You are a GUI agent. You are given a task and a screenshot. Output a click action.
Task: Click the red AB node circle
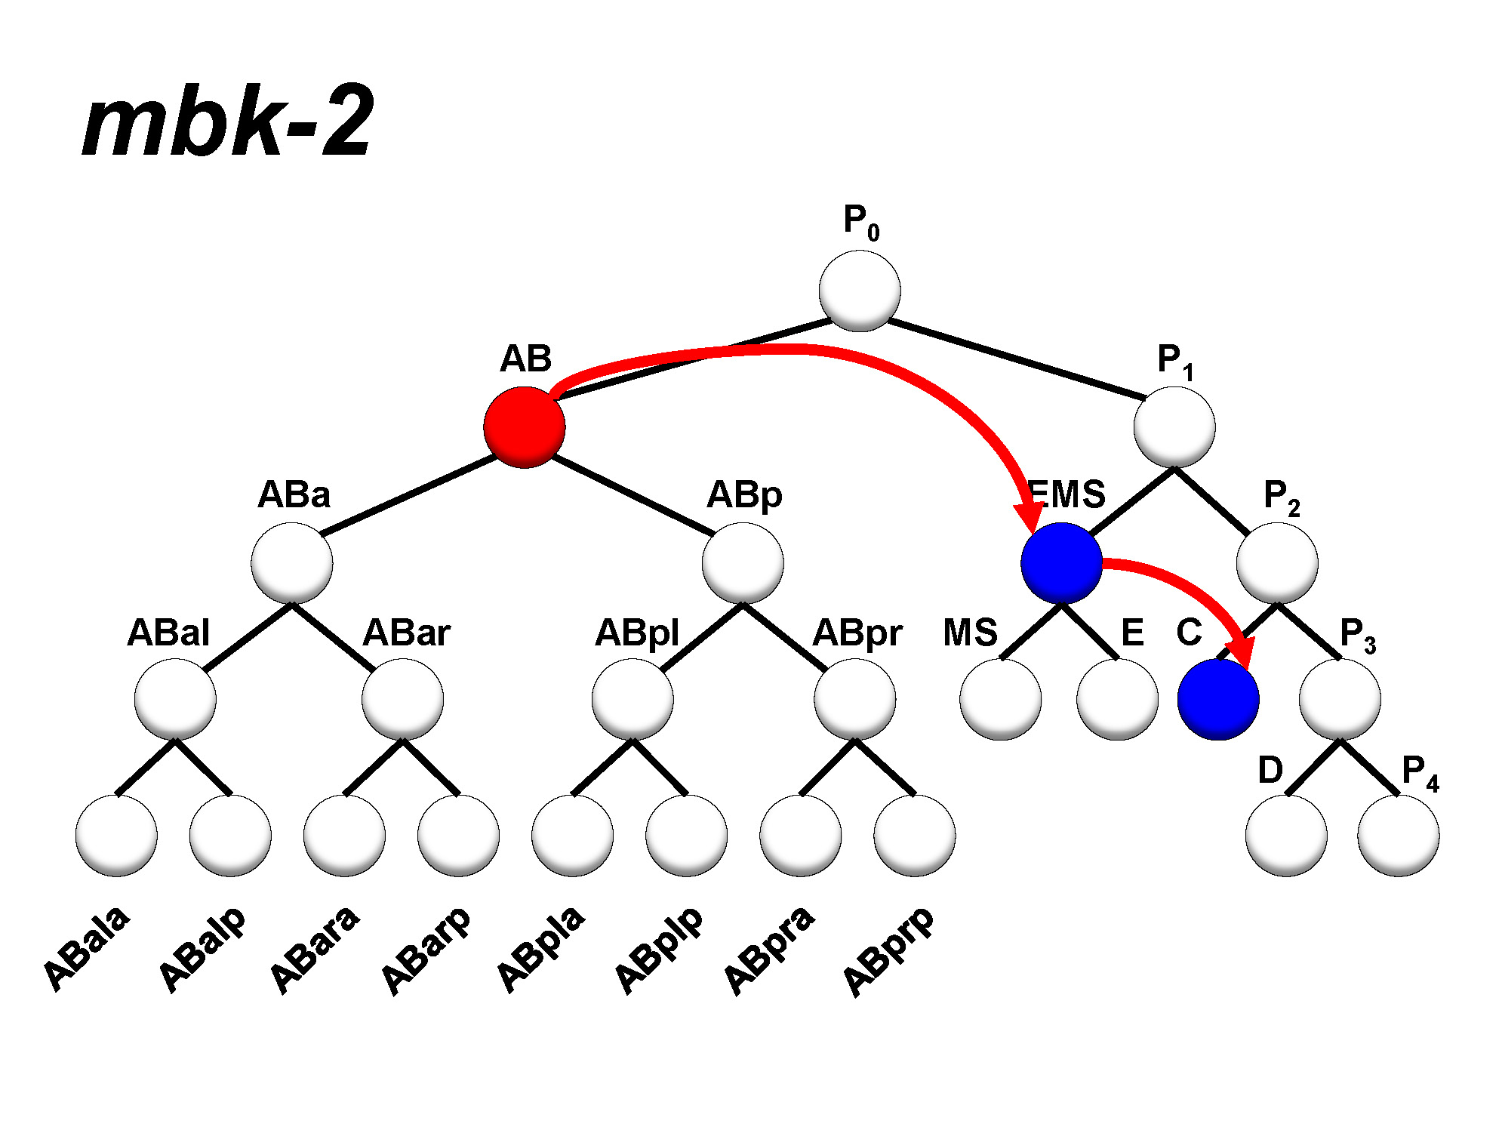tap(524, 427)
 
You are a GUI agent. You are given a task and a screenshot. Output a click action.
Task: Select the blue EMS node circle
tap(1061, 563)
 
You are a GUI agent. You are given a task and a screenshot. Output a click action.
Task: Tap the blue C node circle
tap(1217, 699)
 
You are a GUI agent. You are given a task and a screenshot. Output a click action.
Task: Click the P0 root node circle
tap(860, 291)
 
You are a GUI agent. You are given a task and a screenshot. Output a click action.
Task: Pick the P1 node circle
tap(1174, 427)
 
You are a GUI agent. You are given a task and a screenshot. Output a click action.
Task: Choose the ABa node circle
tap(292, 563)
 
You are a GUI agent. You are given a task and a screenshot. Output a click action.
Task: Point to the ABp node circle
tap(743, 563)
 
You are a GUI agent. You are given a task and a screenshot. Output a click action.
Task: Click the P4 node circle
tap(1398, 836)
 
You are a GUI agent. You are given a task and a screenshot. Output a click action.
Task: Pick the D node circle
tap(1286, 836)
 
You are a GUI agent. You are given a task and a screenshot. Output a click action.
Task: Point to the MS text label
tap(970, 633)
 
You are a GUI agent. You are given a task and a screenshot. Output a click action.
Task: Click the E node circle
tap(1117, 699)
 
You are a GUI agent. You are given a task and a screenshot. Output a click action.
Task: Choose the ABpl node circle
tap(633, 699)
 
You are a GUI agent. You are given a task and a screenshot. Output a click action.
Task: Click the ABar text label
tap(406, 633)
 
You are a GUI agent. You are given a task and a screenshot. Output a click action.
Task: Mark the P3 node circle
tap(1340, 699)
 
